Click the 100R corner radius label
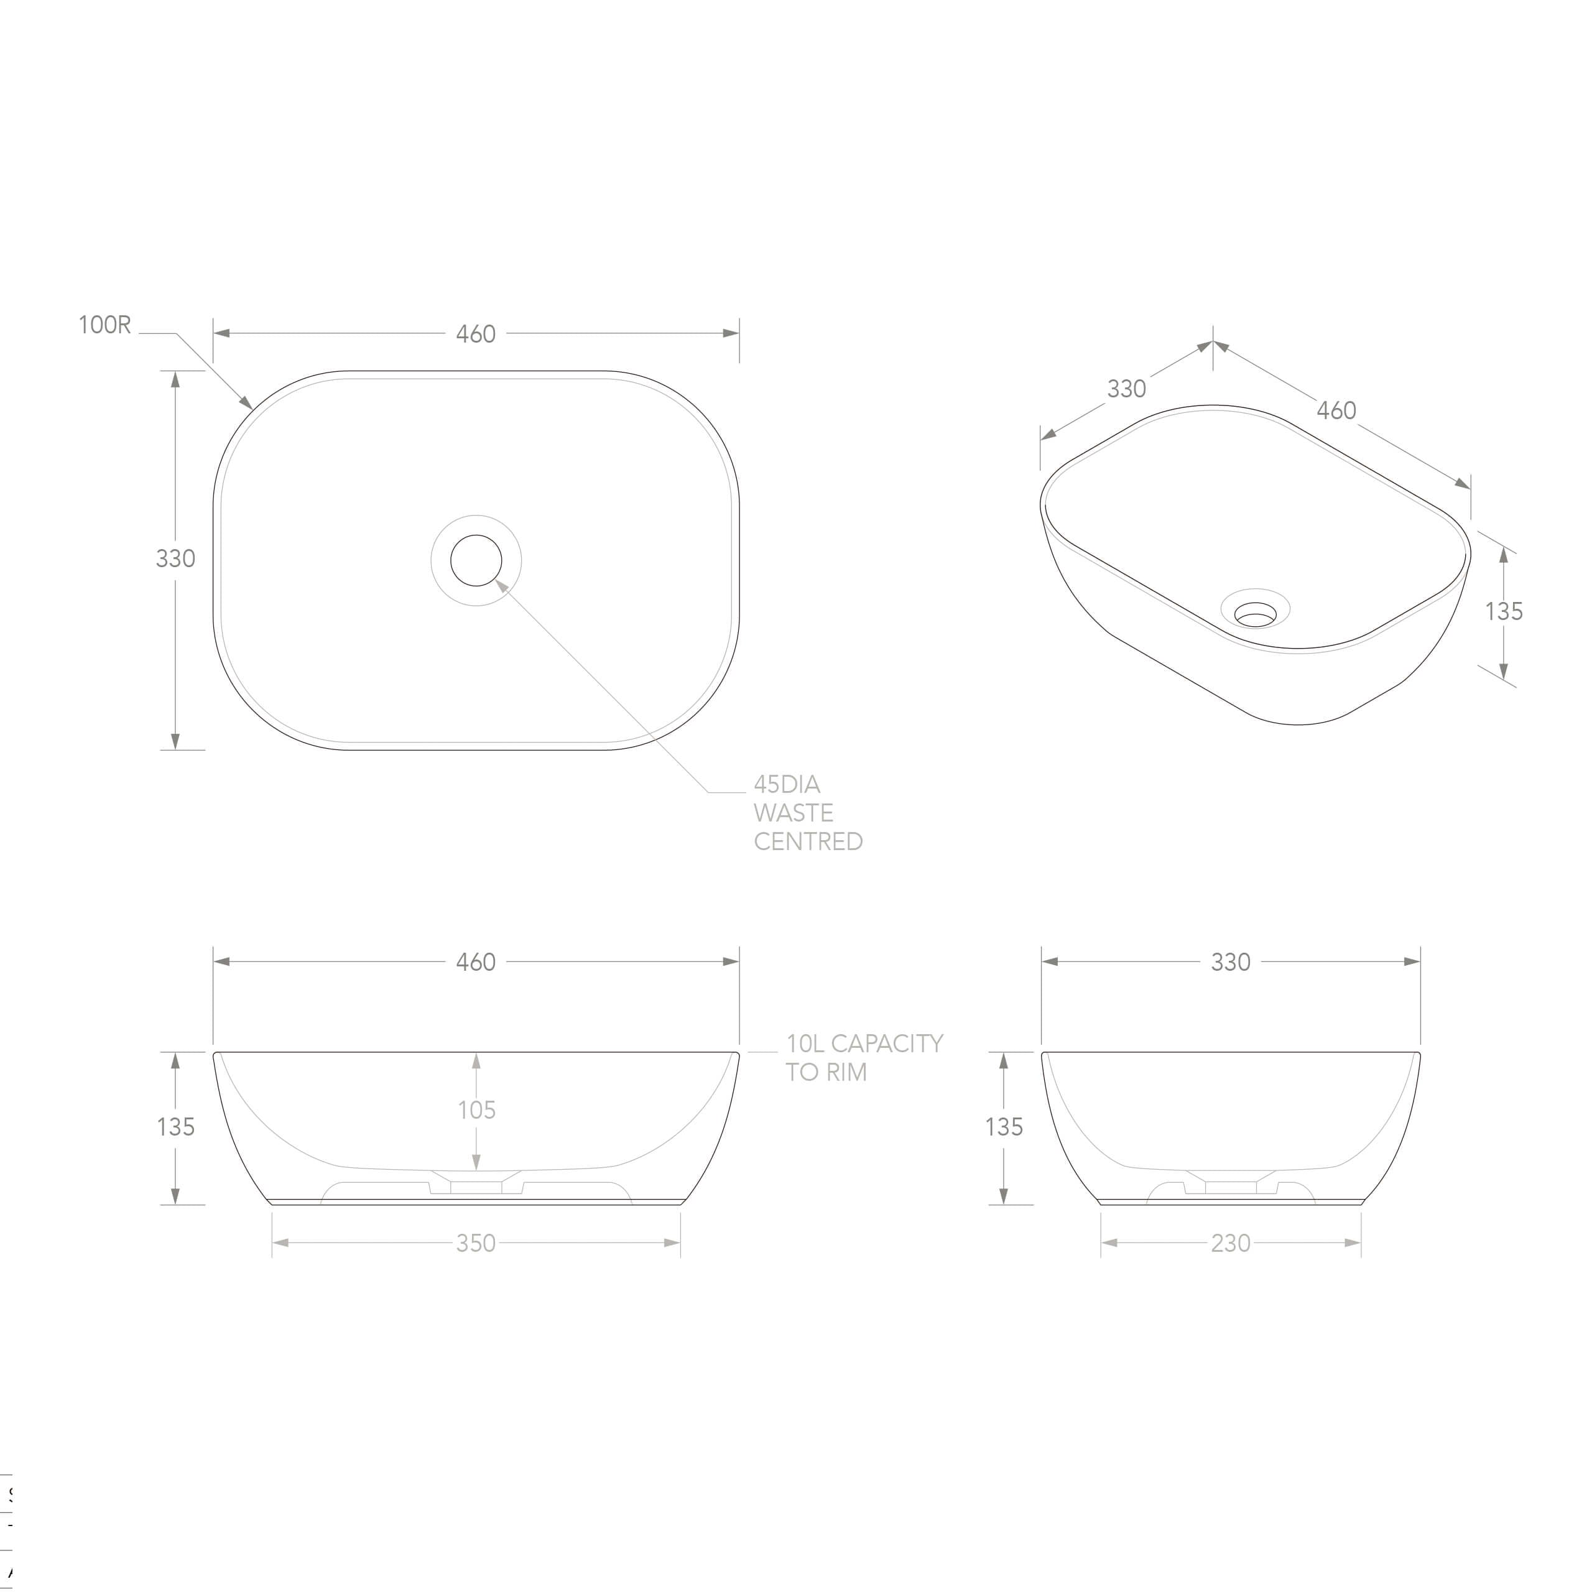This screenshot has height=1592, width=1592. (104, 325)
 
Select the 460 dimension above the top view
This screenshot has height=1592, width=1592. (476, 334)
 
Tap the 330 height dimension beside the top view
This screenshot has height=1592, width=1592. (175, 558)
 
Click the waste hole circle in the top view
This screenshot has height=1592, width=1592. (476, 560)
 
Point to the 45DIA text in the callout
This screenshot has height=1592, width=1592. (787, 784)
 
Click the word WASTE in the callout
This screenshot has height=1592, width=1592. (793, 813)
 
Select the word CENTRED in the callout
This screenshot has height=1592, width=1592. (808, 841)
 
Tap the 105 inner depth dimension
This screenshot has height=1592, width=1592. (477, 1110)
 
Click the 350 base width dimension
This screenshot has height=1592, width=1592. (476, 1243)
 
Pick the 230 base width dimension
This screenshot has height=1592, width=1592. (1230, 1243)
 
